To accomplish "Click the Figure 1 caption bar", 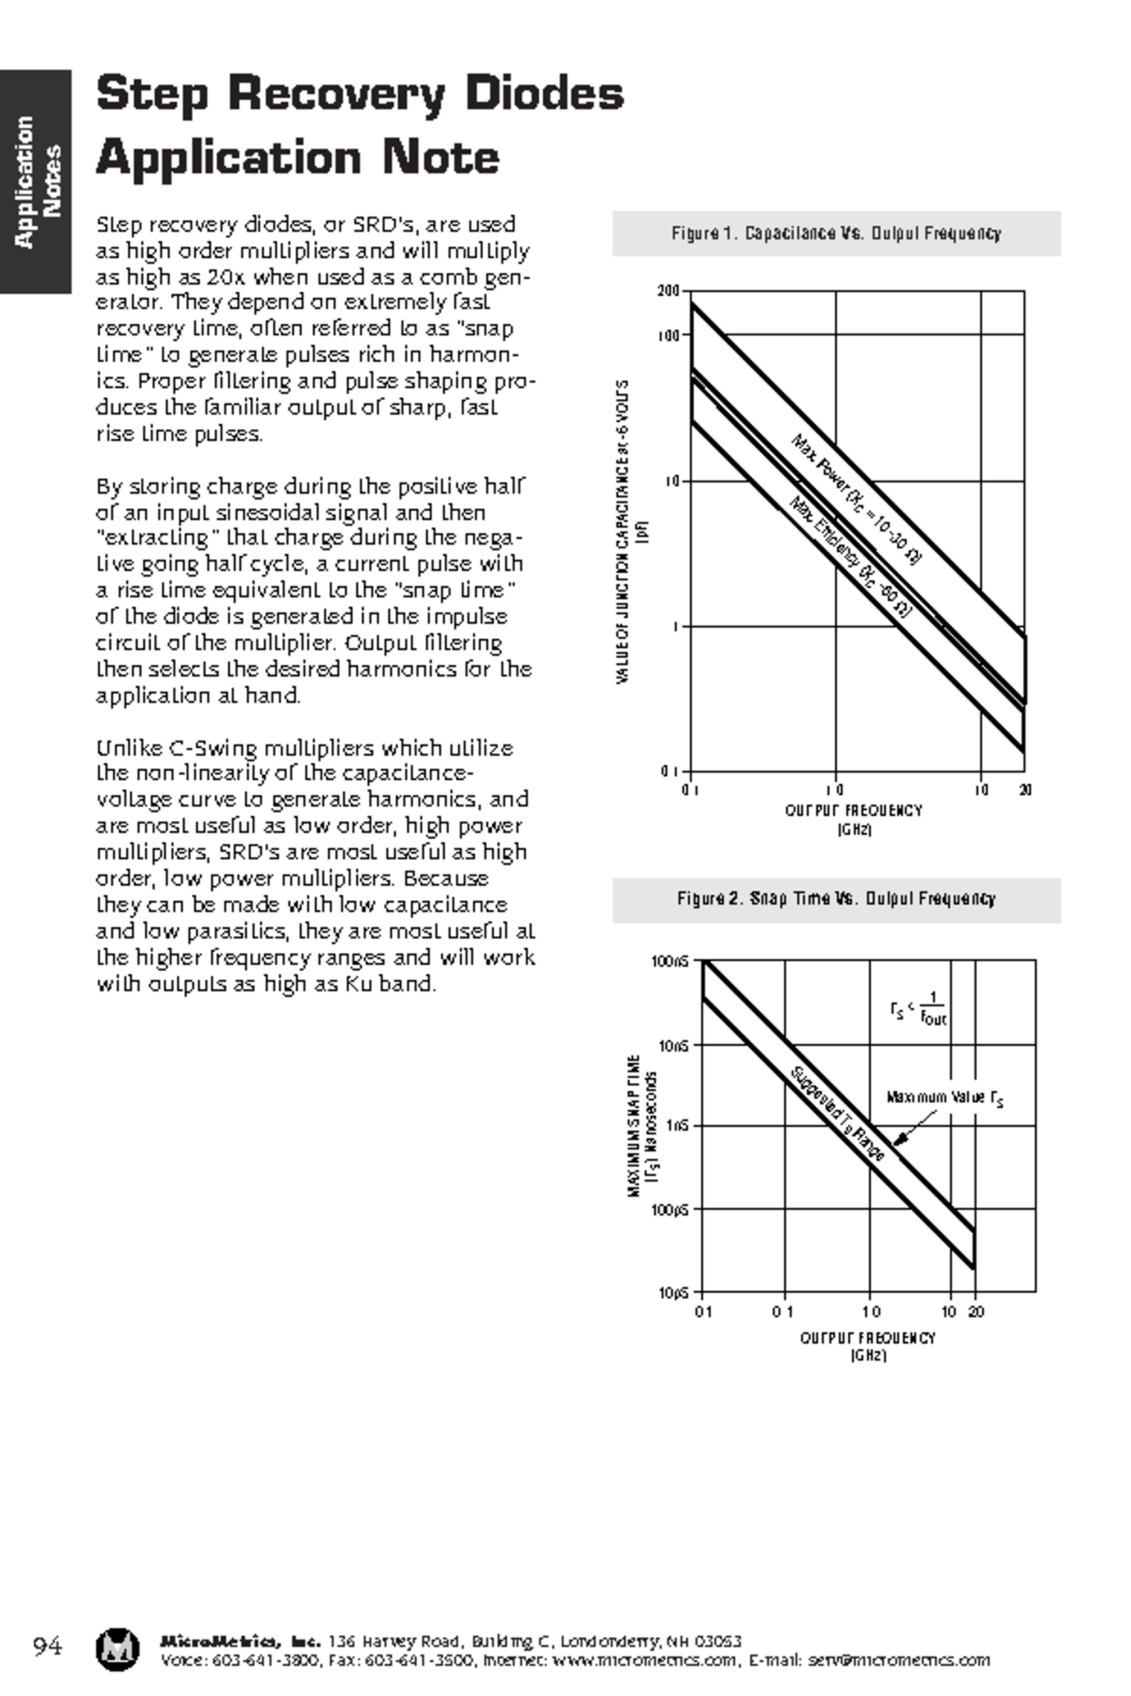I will [836, 234].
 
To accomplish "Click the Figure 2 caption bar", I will [836, 899].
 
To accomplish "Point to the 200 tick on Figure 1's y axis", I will [667, 292].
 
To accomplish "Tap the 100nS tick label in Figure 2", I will [670, 962].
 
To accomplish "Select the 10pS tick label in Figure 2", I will [673, 1293].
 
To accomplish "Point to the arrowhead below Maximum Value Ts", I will [897, 1141].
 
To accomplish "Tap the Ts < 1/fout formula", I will [918, 1009].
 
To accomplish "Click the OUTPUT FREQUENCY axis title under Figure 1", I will [854, 810].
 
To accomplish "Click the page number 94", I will [47, 1647].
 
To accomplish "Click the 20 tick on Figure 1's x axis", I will [1024, 791].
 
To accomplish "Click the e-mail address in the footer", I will [899, 1660].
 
